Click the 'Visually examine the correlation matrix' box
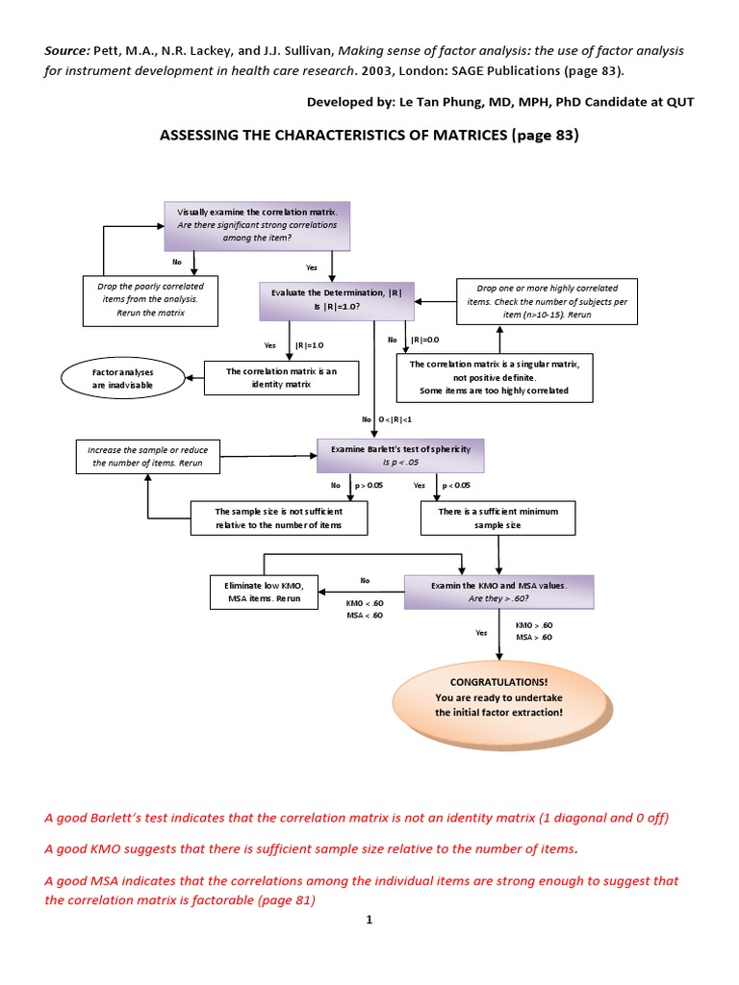(x=257, y=223)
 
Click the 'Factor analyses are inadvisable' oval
(x=122, y=377)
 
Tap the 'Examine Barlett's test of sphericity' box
(x=401, y=455)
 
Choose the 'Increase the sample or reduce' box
(x=148, y=455)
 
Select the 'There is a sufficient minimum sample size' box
(x=497, y=518)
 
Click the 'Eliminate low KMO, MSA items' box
(x=263, y=591)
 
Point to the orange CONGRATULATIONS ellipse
(x=497, y=696)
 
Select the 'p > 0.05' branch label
(x=369, y=486)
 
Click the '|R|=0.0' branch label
(x=425, y=340)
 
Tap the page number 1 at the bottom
(x=369, y=920)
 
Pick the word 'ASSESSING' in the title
(x=199, y=136)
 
